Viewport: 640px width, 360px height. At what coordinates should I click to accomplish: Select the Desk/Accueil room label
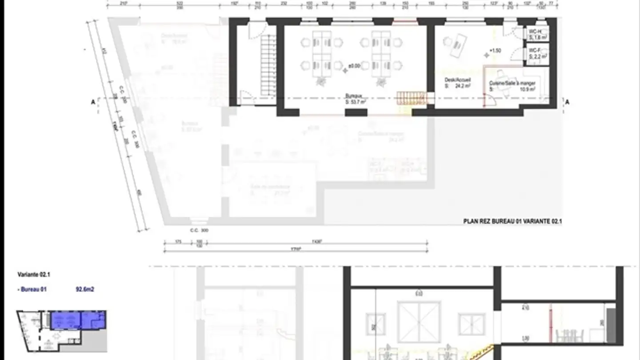[454, 80]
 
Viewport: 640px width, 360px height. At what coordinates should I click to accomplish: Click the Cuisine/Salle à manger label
[512, 84]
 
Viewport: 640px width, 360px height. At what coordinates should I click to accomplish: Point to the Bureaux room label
[354, 96]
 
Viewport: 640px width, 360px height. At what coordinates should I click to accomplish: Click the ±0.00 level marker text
[354, 66]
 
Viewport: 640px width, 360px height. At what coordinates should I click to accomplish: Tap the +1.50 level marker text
[495, 51]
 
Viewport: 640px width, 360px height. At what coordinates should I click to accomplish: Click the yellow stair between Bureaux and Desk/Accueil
[408, 98]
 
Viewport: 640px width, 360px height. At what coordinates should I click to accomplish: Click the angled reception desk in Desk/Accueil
[458, 47]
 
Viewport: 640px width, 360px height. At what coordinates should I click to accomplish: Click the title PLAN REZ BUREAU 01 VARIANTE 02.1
[512, 221]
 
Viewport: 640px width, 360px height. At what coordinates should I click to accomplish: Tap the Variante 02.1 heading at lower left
[31, 275]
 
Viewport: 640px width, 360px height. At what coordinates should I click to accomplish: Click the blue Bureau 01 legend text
[33, 290]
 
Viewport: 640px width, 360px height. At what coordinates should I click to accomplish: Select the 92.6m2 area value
[84, 290]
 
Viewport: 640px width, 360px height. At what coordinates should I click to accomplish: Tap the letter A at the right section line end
[567, 102]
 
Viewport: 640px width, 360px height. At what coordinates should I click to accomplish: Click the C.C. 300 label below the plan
[199, 231]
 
